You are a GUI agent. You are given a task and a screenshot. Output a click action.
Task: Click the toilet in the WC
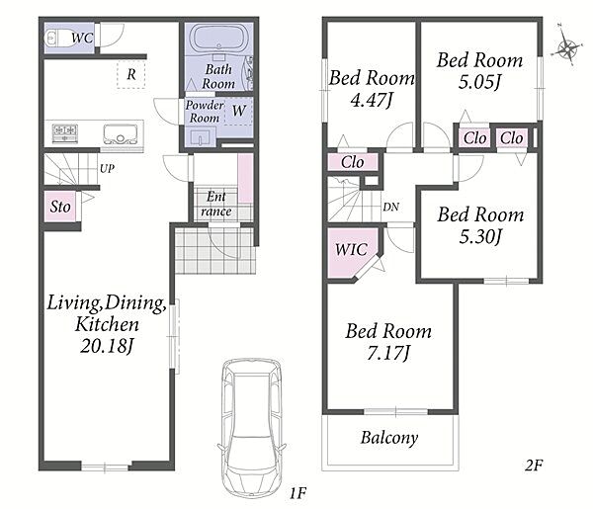58,38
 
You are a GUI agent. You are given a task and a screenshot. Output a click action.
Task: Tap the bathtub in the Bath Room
219,39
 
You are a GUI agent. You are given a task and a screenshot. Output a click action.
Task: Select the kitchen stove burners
65,133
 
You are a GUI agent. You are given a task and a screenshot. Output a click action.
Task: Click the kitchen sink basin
121,133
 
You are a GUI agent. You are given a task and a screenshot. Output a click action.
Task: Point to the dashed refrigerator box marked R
130,74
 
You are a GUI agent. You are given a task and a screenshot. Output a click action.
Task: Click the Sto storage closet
60,207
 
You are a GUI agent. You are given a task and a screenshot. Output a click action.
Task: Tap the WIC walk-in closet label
351,249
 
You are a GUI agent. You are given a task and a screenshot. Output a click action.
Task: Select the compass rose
566,47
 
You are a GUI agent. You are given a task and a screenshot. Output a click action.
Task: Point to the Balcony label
389,438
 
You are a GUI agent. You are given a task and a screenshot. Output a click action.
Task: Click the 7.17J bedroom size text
388,354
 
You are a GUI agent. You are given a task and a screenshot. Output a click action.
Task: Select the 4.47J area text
372,100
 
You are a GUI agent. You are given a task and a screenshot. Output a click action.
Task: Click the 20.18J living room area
107,346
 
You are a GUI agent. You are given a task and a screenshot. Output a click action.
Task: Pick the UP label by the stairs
107,168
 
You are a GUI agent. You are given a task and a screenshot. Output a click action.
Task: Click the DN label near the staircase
390,207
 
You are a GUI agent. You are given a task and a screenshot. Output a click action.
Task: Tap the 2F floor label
534,466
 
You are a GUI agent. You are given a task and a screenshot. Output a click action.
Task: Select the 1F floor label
298,493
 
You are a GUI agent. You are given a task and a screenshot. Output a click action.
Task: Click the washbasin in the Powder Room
201,137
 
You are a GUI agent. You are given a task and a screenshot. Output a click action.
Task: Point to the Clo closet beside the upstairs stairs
353,162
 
